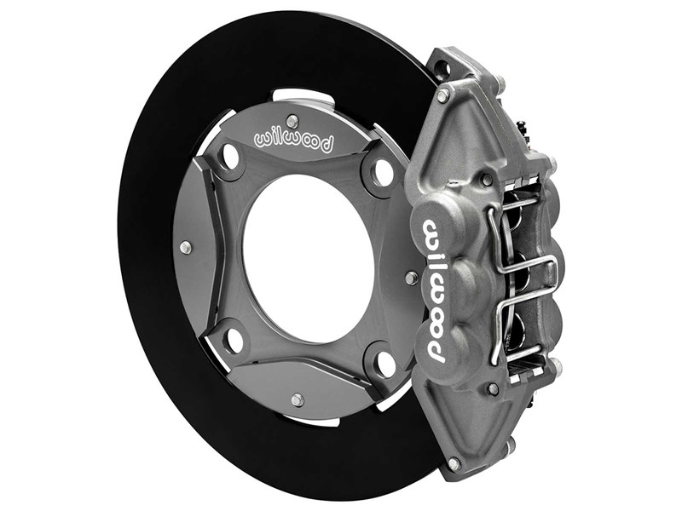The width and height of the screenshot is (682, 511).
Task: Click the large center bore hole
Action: (x=307, y=256)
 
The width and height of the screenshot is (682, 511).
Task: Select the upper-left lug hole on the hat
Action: (x=228, y=156)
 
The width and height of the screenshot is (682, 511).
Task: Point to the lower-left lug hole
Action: (x=231, y=340)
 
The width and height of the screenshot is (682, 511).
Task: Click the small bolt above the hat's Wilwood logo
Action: (x=292, y=120)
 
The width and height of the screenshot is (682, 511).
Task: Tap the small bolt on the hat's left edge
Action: (x=185, y=247)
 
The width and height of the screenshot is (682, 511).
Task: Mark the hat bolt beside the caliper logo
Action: (x=411, y=278)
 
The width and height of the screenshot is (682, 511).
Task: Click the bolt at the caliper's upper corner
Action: (x=443, y=96)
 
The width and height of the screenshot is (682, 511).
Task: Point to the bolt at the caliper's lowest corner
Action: (x=454, y=463)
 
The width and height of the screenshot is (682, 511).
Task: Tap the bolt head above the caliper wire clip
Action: (x=487, y=181)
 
